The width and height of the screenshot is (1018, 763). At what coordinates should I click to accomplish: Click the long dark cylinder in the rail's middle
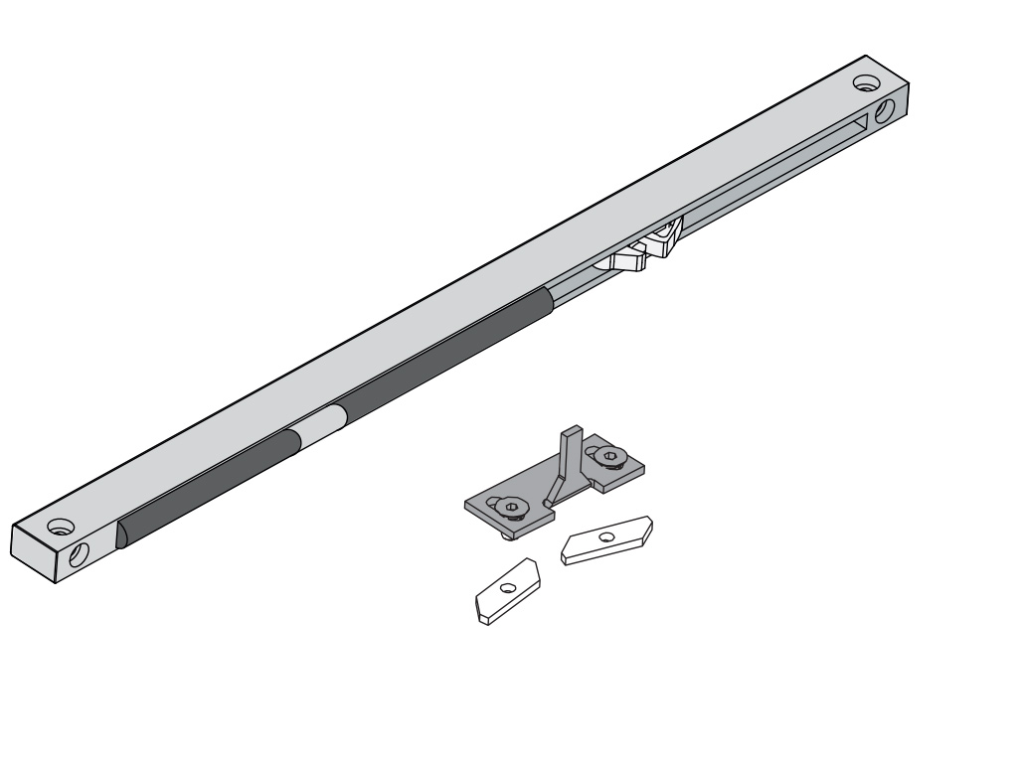click(442, 351)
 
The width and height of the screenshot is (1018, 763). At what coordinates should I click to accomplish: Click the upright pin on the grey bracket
click(570, 452)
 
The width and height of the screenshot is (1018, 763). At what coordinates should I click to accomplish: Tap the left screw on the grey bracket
click(510, 508)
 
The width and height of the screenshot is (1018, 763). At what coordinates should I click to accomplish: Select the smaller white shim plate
click(504, 593)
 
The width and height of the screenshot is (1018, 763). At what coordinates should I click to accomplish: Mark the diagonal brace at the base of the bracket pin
click(554, 489)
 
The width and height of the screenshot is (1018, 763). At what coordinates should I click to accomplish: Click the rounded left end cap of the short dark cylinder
click(122, 532)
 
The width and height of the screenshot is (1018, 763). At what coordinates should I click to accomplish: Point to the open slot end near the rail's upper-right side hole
click(857, 123)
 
